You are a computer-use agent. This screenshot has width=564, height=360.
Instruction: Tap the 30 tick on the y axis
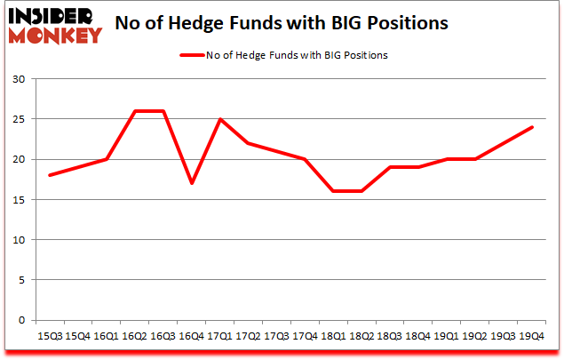tap(20, 79)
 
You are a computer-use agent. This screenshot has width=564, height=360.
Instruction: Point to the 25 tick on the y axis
tap(20, 119)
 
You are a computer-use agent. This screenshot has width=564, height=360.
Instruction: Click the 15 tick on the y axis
tap(20, 200)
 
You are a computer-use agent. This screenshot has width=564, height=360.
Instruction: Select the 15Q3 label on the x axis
tap(50, 336)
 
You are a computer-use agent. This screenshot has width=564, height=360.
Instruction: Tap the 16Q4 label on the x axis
tap(191, 336)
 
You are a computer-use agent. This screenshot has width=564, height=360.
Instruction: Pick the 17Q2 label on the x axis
tap(248, 336)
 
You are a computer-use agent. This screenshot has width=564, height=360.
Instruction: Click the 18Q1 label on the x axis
tap(332, 336)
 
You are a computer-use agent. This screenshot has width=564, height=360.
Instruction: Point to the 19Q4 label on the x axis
tap(530, 336)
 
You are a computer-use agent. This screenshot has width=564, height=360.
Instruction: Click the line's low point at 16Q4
tap(191, 183)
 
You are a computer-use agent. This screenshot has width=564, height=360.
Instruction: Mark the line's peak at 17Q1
tap(219, 119)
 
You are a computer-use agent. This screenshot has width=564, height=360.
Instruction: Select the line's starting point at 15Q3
tap(50, 175)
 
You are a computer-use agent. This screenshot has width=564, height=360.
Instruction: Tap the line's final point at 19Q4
tap(530, 127)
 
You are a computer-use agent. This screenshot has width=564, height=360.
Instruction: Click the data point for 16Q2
tap(135, 111)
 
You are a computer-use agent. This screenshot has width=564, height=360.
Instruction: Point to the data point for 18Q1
tap(332, 191)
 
